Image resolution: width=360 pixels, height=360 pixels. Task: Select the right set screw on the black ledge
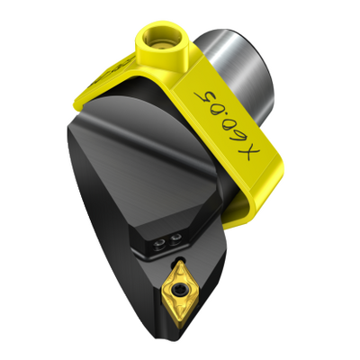tap(175, 239)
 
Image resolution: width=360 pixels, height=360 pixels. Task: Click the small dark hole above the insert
tap(180, 259)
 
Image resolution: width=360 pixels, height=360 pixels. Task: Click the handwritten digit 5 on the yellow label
tap(206, 96)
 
